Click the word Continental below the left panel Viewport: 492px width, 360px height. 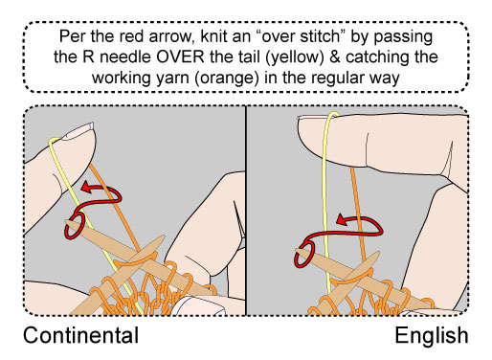click(x=81, y=336)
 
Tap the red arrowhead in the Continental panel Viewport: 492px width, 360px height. click(x=83, y=190)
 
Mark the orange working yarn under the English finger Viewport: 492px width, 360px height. click(x=361, y=182)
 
